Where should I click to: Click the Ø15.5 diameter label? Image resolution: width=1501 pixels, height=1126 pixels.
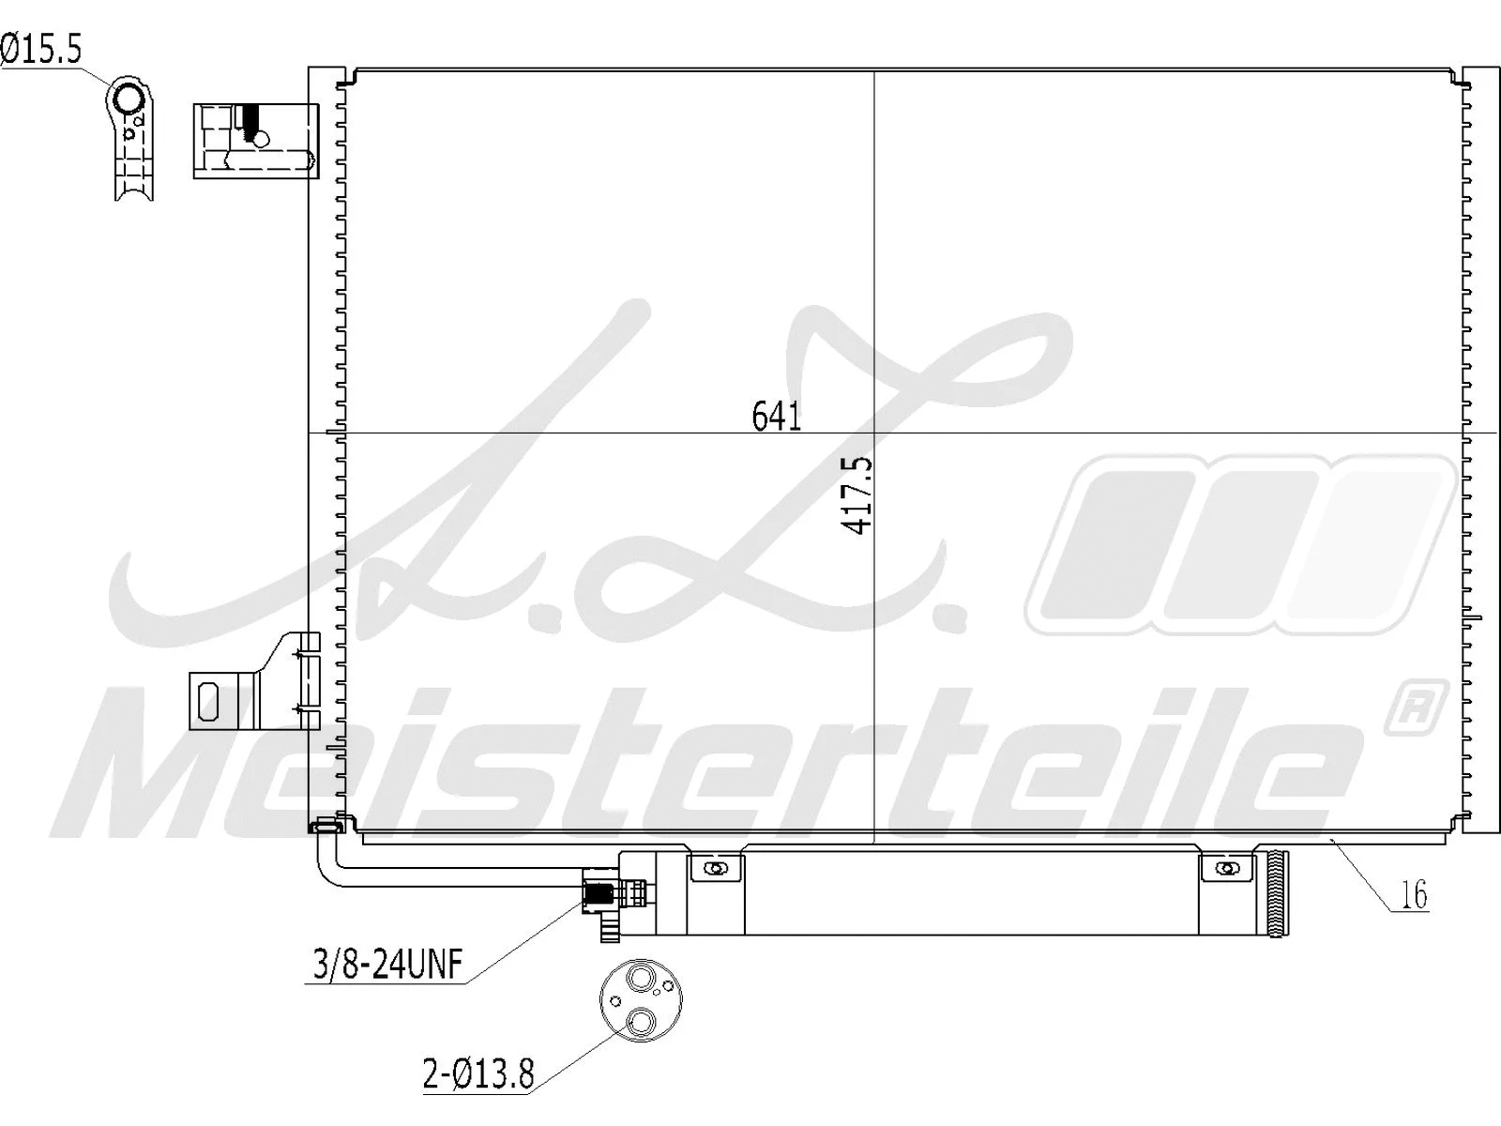42,50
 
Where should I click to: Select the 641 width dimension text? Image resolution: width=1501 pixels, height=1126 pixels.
777,416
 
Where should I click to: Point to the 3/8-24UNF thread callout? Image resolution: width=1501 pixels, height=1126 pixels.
385,964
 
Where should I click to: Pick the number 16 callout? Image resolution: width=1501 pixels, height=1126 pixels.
1413,895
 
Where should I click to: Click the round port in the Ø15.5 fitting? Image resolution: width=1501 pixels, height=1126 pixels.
128,98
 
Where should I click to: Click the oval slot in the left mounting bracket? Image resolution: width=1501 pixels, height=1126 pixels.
207,699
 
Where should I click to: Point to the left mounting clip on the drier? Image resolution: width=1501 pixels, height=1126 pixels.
717,868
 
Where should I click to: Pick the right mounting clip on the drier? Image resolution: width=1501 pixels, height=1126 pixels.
1227,868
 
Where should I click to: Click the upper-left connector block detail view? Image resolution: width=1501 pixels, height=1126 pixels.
255,141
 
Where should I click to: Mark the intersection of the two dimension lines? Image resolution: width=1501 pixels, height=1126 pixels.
873,433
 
